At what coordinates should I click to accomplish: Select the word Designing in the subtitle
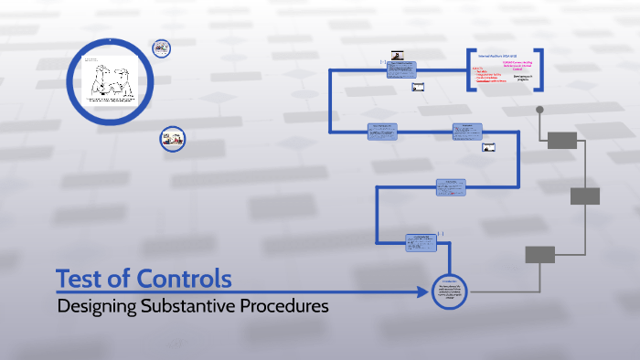(96, 307)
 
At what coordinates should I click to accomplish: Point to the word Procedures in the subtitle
(284, 307)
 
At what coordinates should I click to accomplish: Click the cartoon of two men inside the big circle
(110, 80)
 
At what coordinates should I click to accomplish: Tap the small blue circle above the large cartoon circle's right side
(161, 47)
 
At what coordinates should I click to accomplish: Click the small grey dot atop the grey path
(539, 111)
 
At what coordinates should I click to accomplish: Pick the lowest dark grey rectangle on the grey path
(539, 254)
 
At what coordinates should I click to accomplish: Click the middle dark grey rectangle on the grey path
(585, 196)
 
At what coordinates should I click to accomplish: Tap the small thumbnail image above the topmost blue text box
(398, 55)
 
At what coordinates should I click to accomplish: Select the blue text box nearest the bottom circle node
(423, 242)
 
